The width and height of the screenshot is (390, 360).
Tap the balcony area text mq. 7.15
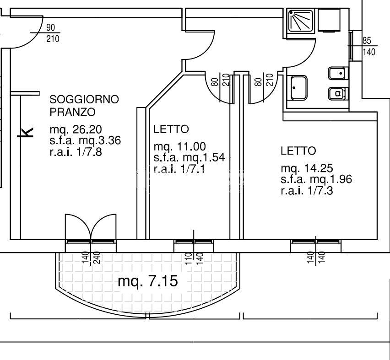pos(147,281)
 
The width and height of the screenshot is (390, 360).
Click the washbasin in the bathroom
pos(299,88)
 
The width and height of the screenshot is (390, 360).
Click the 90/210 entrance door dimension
pos(53,34)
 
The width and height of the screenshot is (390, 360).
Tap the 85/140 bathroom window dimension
pos(368,47)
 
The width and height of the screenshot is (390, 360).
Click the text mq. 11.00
pos(179,147)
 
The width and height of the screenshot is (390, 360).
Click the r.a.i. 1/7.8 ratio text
pos(76,151)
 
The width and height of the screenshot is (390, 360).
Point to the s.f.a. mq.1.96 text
pos(316,179)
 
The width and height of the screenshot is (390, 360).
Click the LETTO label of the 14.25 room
pos(298,150)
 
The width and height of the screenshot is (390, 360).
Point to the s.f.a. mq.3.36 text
pos(85,141)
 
